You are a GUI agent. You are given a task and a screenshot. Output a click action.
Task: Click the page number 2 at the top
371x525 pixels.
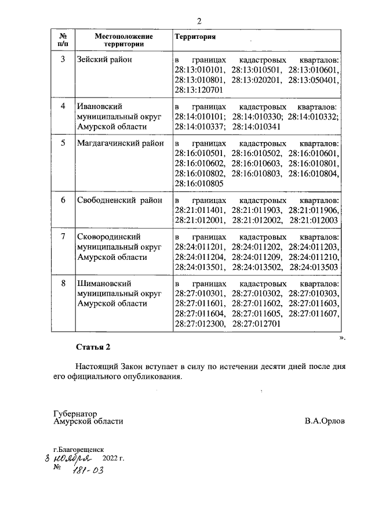pos(199,21)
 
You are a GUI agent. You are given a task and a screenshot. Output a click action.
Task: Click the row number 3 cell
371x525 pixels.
pos(63,60)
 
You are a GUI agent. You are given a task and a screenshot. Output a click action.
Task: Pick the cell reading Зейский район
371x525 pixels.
pos(104,60)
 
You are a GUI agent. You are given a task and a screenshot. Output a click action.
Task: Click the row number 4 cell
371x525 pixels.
pos(63,106)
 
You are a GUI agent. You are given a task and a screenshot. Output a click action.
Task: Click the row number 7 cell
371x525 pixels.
pos(63,237)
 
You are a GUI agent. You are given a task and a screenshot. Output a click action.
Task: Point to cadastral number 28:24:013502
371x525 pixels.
pos(256,267)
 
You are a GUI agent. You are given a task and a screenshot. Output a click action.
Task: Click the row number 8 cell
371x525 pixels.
pos(63,284)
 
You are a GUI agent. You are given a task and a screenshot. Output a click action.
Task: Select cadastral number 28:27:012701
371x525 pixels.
pos(256,324)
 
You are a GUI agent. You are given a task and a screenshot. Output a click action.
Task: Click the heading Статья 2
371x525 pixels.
pos(93,347)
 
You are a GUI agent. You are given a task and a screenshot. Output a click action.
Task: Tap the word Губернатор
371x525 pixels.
pos(73,414)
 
